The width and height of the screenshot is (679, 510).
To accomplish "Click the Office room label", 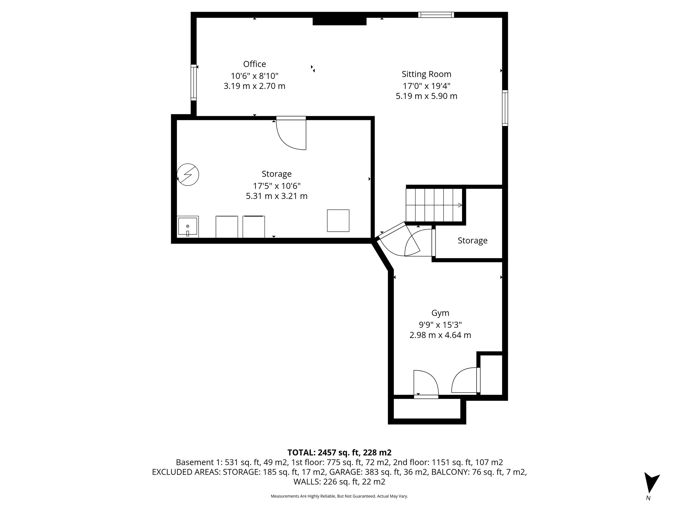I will click(254, 64).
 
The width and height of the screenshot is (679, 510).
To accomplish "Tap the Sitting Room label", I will click(426, 74).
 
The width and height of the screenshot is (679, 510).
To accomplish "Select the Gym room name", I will click(440, 313).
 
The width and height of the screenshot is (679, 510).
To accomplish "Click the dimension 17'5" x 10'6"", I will click(276, 186).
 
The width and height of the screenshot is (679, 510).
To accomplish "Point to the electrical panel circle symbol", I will click(188, 175).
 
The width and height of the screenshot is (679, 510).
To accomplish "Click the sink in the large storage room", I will click(188, 227).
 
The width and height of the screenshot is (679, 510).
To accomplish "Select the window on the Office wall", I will click(193, 82).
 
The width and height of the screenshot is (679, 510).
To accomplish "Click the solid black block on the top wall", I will click(339, 21).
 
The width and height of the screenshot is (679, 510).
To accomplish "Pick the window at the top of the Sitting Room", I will click(436, 15).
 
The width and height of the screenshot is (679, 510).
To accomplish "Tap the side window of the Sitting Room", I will click(505, 108).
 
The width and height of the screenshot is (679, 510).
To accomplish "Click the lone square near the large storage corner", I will click(338, 220).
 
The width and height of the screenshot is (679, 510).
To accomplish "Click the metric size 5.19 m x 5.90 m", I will click(426, 96).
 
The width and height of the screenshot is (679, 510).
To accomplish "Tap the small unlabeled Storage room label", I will click(472, 240).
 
